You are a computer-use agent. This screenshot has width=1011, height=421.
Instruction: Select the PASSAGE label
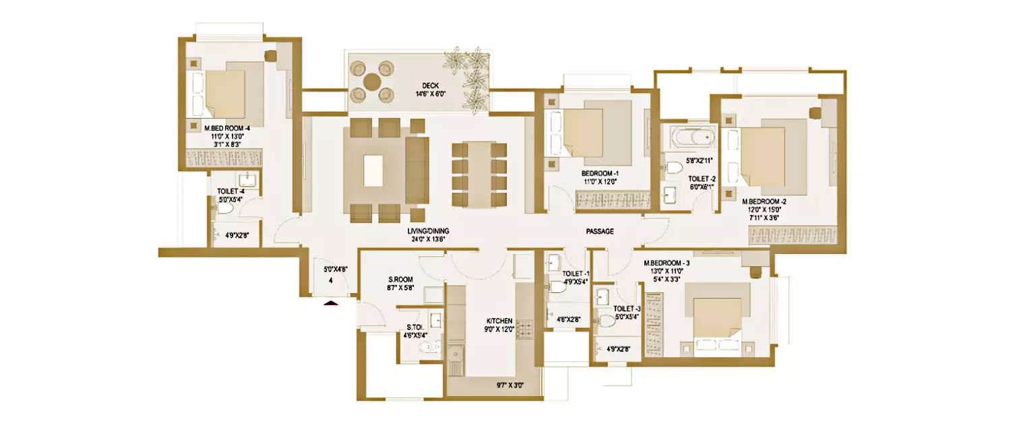(x=599, y=231)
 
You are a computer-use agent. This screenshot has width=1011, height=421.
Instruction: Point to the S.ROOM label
(x=400, y=279)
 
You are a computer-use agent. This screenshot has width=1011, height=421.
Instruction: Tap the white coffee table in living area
(x=373, y=170)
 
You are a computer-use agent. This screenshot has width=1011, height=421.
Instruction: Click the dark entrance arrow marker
(x=330, y=304)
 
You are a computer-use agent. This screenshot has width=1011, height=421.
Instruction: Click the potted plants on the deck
(x=470, y=74)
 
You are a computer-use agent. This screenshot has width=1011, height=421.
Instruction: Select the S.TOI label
(x=414, y=327)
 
